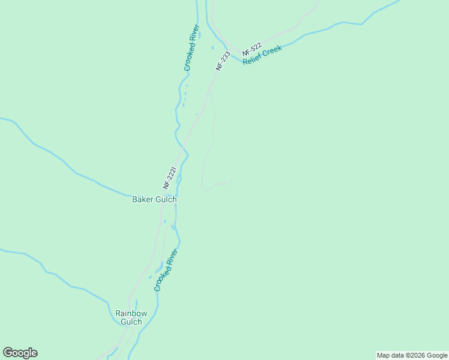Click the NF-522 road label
pyautogui.click(x=253, y=50)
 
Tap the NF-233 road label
pyautogui.click(x=223, y=61)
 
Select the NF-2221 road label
pyautogui.click(x=170, y=178)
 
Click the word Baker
pyautogui.click(x=143, y=200)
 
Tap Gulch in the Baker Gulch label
pyautogui.click(x=166, y=200)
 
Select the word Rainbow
pyautogui.click(x=131, y=313)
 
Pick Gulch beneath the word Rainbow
pyautogui.click(x=131, y=322)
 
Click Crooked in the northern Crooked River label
pyautogui.click(x=188, y=58)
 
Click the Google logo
pyautogui.click(x=20, y=353)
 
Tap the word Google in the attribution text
pyautogui.click(x=436, y=356)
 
